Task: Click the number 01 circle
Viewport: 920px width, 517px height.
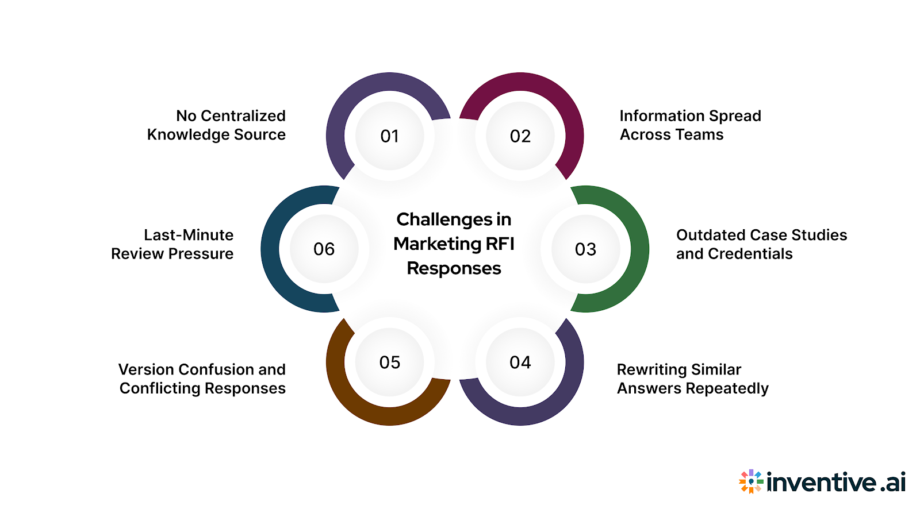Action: (390, 136)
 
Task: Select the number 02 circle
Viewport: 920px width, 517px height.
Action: (520, 136)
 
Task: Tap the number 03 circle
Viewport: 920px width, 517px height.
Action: (585, 249)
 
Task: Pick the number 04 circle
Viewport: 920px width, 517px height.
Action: (520, 362)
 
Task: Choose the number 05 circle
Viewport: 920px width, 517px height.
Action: (390, 362)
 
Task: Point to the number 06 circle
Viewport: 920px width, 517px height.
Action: (324, 249)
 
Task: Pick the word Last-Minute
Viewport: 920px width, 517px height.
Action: (189, 235)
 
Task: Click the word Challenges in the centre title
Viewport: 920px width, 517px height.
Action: (436, 219)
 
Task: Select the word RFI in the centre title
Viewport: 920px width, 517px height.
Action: (500, 244)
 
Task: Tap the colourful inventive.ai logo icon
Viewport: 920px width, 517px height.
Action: (751, 482)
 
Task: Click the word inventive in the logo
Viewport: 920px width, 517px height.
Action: (822, 482)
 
